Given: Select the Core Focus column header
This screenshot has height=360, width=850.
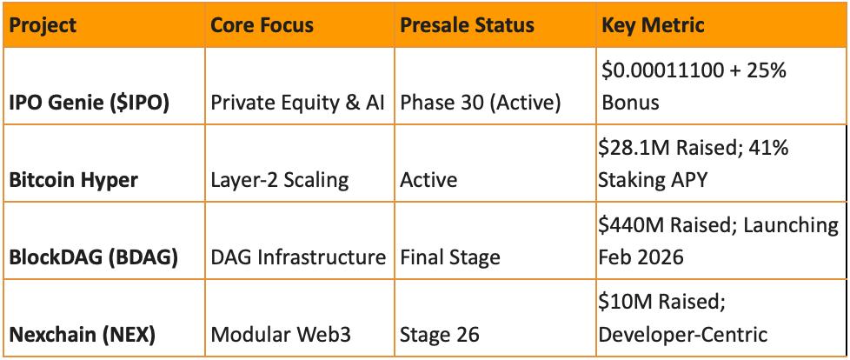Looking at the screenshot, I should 262,25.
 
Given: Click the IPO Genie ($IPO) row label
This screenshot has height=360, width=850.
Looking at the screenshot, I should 89,103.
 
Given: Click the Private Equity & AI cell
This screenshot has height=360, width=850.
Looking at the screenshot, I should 297,103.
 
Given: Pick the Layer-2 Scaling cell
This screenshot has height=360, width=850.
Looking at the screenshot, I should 279,180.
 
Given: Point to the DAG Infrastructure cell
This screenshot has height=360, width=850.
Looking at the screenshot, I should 298,257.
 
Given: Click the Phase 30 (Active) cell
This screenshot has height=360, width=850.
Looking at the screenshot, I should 480,103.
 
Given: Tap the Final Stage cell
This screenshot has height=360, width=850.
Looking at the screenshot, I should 449,257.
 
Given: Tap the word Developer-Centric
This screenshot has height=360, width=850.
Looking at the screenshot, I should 683,335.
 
